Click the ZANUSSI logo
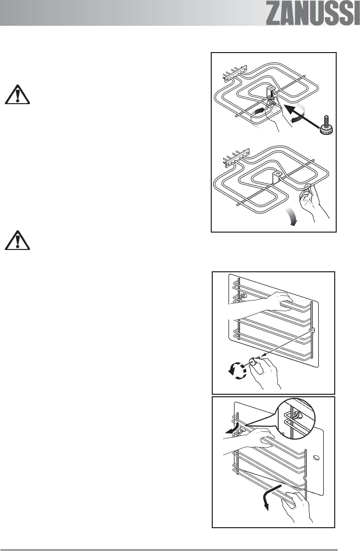pos(312,14)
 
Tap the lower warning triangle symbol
pos(18,240)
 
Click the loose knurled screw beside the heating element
pos(326,125)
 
